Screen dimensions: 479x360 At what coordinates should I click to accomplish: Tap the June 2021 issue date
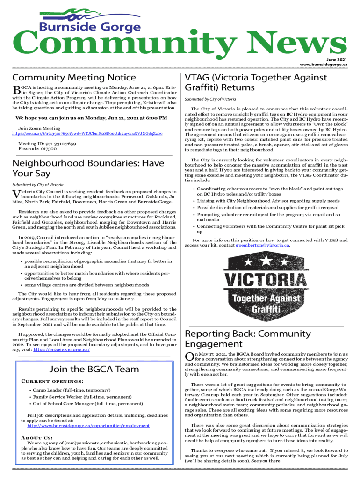coord(336,59)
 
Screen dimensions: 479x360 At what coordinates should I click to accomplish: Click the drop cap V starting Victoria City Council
coord(15,194)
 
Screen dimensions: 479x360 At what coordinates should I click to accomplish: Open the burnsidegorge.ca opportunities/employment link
coord(88,426)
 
